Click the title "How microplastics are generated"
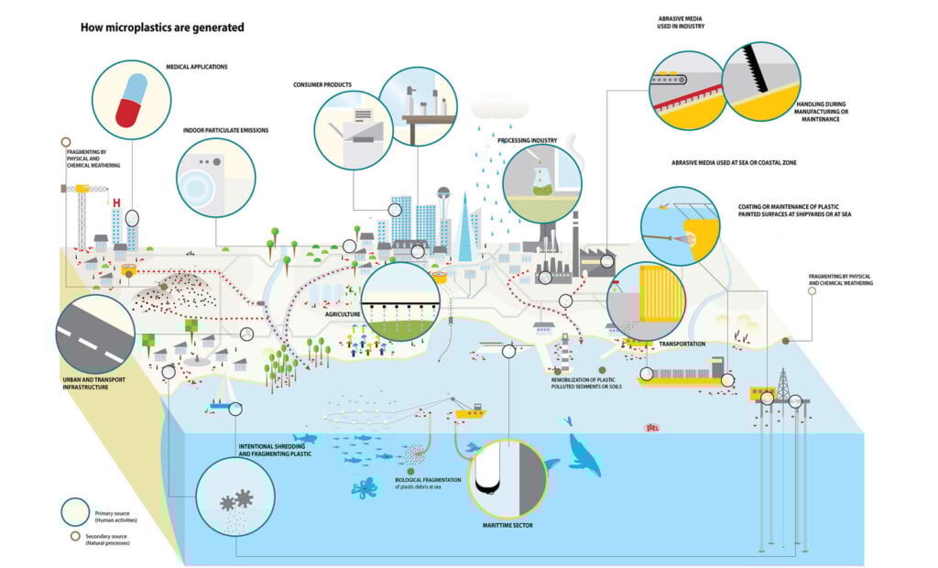point(162,27)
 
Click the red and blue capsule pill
point(131,101)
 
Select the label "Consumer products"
point(322,85)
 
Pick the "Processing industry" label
point(527,141)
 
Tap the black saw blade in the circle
point(755,69)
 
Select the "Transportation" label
point(682,344)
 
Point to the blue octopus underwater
point(365,487)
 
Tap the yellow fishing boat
point(471,411)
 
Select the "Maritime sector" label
point(507,526)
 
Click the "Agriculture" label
point(343,314)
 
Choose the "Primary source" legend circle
point(75,512)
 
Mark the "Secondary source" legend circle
point(75,536)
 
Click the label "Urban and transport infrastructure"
point(94,384)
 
